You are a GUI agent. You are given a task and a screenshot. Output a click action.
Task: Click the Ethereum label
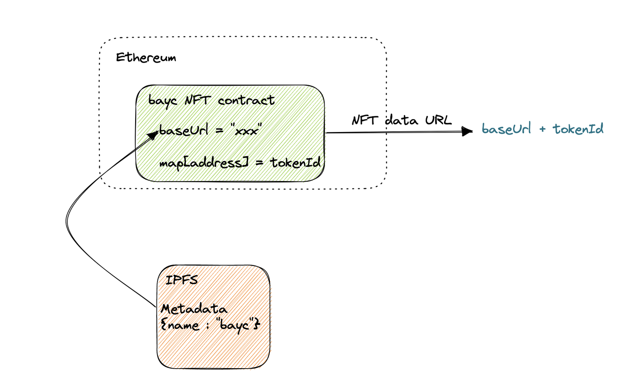pyautogui.click(x=146, y=58)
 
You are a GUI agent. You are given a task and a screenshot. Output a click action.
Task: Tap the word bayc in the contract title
pyautogui.click(x=163, y=101)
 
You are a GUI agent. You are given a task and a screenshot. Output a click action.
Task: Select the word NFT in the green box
pyautogui.click(x=197, y=100)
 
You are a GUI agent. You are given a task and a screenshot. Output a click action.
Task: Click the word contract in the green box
pyautogui.click(x=246, y=100)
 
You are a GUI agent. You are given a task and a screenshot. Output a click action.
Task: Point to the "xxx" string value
pyautogui.click(x=246, y=130)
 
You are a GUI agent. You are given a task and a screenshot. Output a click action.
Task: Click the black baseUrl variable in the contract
pyautogui.click(x=184, y=130)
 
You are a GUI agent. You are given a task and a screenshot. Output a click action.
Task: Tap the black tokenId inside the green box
pyautogui.click(x=295, y=162)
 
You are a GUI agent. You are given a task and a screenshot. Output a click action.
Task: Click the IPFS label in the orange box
pyautogui.click(x=182, y=280)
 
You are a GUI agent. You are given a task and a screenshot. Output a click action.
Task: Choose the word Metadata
pyautogui.click(x=194, y=309)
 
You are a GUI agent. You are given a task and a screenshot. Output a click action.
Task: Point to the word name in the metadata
pyautogui.click(x=184, y=326)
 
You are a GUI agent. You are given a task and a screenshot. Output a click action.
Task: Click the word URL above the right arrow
pyautogui.click(x=438, y=120)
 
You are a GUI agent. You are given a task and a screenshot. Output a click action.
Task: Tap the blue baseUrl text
pyautogui.click(x=506, y=129)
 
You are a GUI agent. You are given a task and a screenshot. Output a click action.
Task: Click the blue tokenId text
pyautogui.click(x=578, y=129)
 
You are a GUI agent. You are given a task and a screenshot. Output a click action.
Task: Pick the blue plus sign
pyautogui.click(x=542, y=129)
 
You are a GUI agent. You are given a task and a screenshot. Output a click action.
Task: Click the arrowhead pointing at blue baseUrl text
pyautogui.click(x=467, y=131)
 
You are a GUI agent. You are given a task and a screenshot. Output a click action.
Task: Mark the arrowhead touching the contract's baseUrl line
pyautogui.click(x=153, y=135)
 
